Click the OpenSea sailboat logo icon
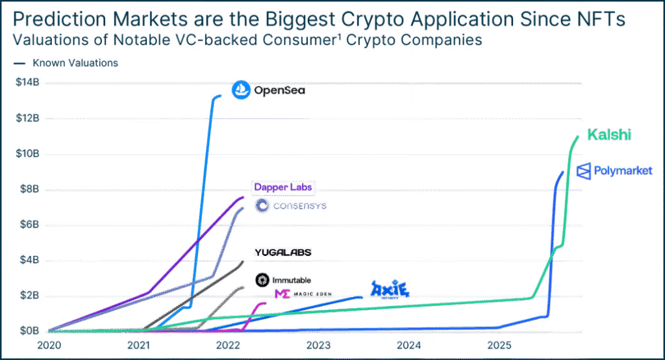pyautogui.click(x=241, y=90)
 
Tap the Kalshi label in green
pyautogui.click(x=609, y=135)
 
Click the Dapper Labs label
pyautogui.click(x=283, y=187)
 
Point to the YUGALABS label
pyautogui.click(x=283, y=251)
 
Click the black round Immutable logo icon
pyautogui.click(x=262, y=280)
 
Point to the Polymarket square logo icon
pyautogui.click(x=583, y=172)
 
